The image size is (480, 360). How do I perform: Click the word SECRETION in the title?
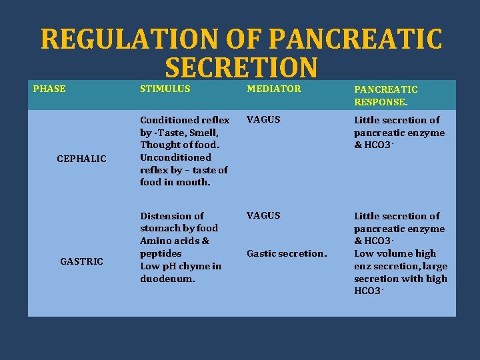[x=241, y=68]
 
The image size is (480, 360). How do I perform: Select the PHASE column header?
[x=49, y=89]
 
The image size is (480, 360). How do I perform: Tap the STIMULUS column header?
[x=165, y=89]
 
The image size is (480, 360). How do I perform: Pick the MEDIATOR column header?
[x=273, y=89]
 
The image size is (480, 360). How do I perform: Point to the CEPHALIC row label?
[x=81, y=158]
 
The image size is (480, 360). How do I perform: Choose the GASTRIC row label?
[x=81, y=261]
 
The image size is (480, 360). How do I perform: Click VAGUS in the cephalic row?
[x=263, y=120]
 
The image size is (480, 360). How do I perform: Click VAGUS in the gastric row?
[x=263, y=215]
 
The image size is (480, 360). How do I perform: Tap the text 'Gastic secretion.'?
[x=287, y=253]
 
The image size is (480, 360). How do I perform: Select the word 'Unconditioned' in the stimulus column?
[x=175, y=157]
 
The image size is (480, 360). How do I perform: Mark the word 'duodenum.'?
[x=167, y=279]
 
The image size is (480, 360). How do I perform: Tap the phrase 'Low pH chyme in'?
[x=180, y=266]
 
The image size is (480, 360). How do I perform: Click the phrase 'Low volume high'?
[x=395, y=253]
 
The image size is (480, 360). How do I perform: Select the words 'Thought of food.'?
[x=180, y=145]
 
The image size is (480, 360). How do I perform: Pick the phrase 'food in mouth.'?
[x=175, y=182]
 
